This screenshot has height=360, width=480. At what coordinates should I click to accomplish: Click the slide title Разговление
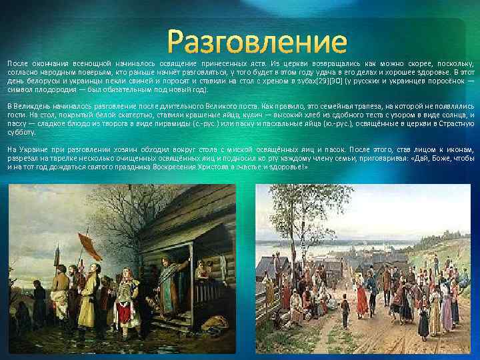tap(257, 42)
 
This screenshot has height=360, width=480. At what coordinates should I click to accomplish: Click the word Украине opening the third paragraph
tap(34, 150)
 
